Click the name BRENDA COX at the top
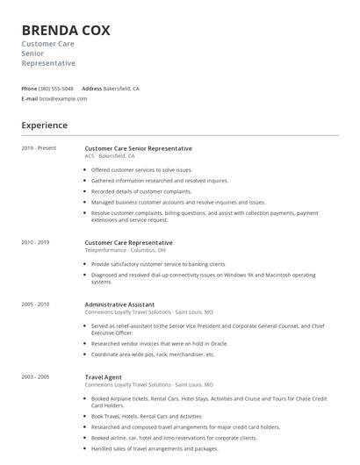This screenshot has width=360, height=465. [66, 30]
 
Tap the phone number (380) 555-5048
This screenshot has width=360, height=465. [56, 89]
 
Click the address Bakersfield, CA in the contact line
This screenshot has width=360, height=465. [121, 89]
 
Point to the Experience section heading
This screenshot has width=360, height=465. [44, 125]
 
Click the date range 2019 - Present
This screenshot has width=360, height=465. [39, 148]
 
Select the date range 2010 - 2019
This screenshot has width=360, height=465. [35, 242]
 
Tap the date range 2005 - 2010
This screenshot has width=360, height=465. [35, 304]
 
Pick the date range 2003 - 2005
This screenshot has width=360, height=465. [35, 376]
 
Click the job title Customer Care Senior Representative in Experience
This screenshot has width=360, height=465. [138, 148]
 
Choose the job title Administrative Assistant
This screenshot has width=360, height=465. [121, 304]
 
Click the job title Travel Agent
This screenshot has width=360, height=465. [104, 376]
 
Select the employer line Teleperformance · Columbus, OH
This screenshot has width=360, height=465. [125, 250]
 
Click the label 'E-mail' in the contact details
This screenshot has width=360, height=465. [30, 98]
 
